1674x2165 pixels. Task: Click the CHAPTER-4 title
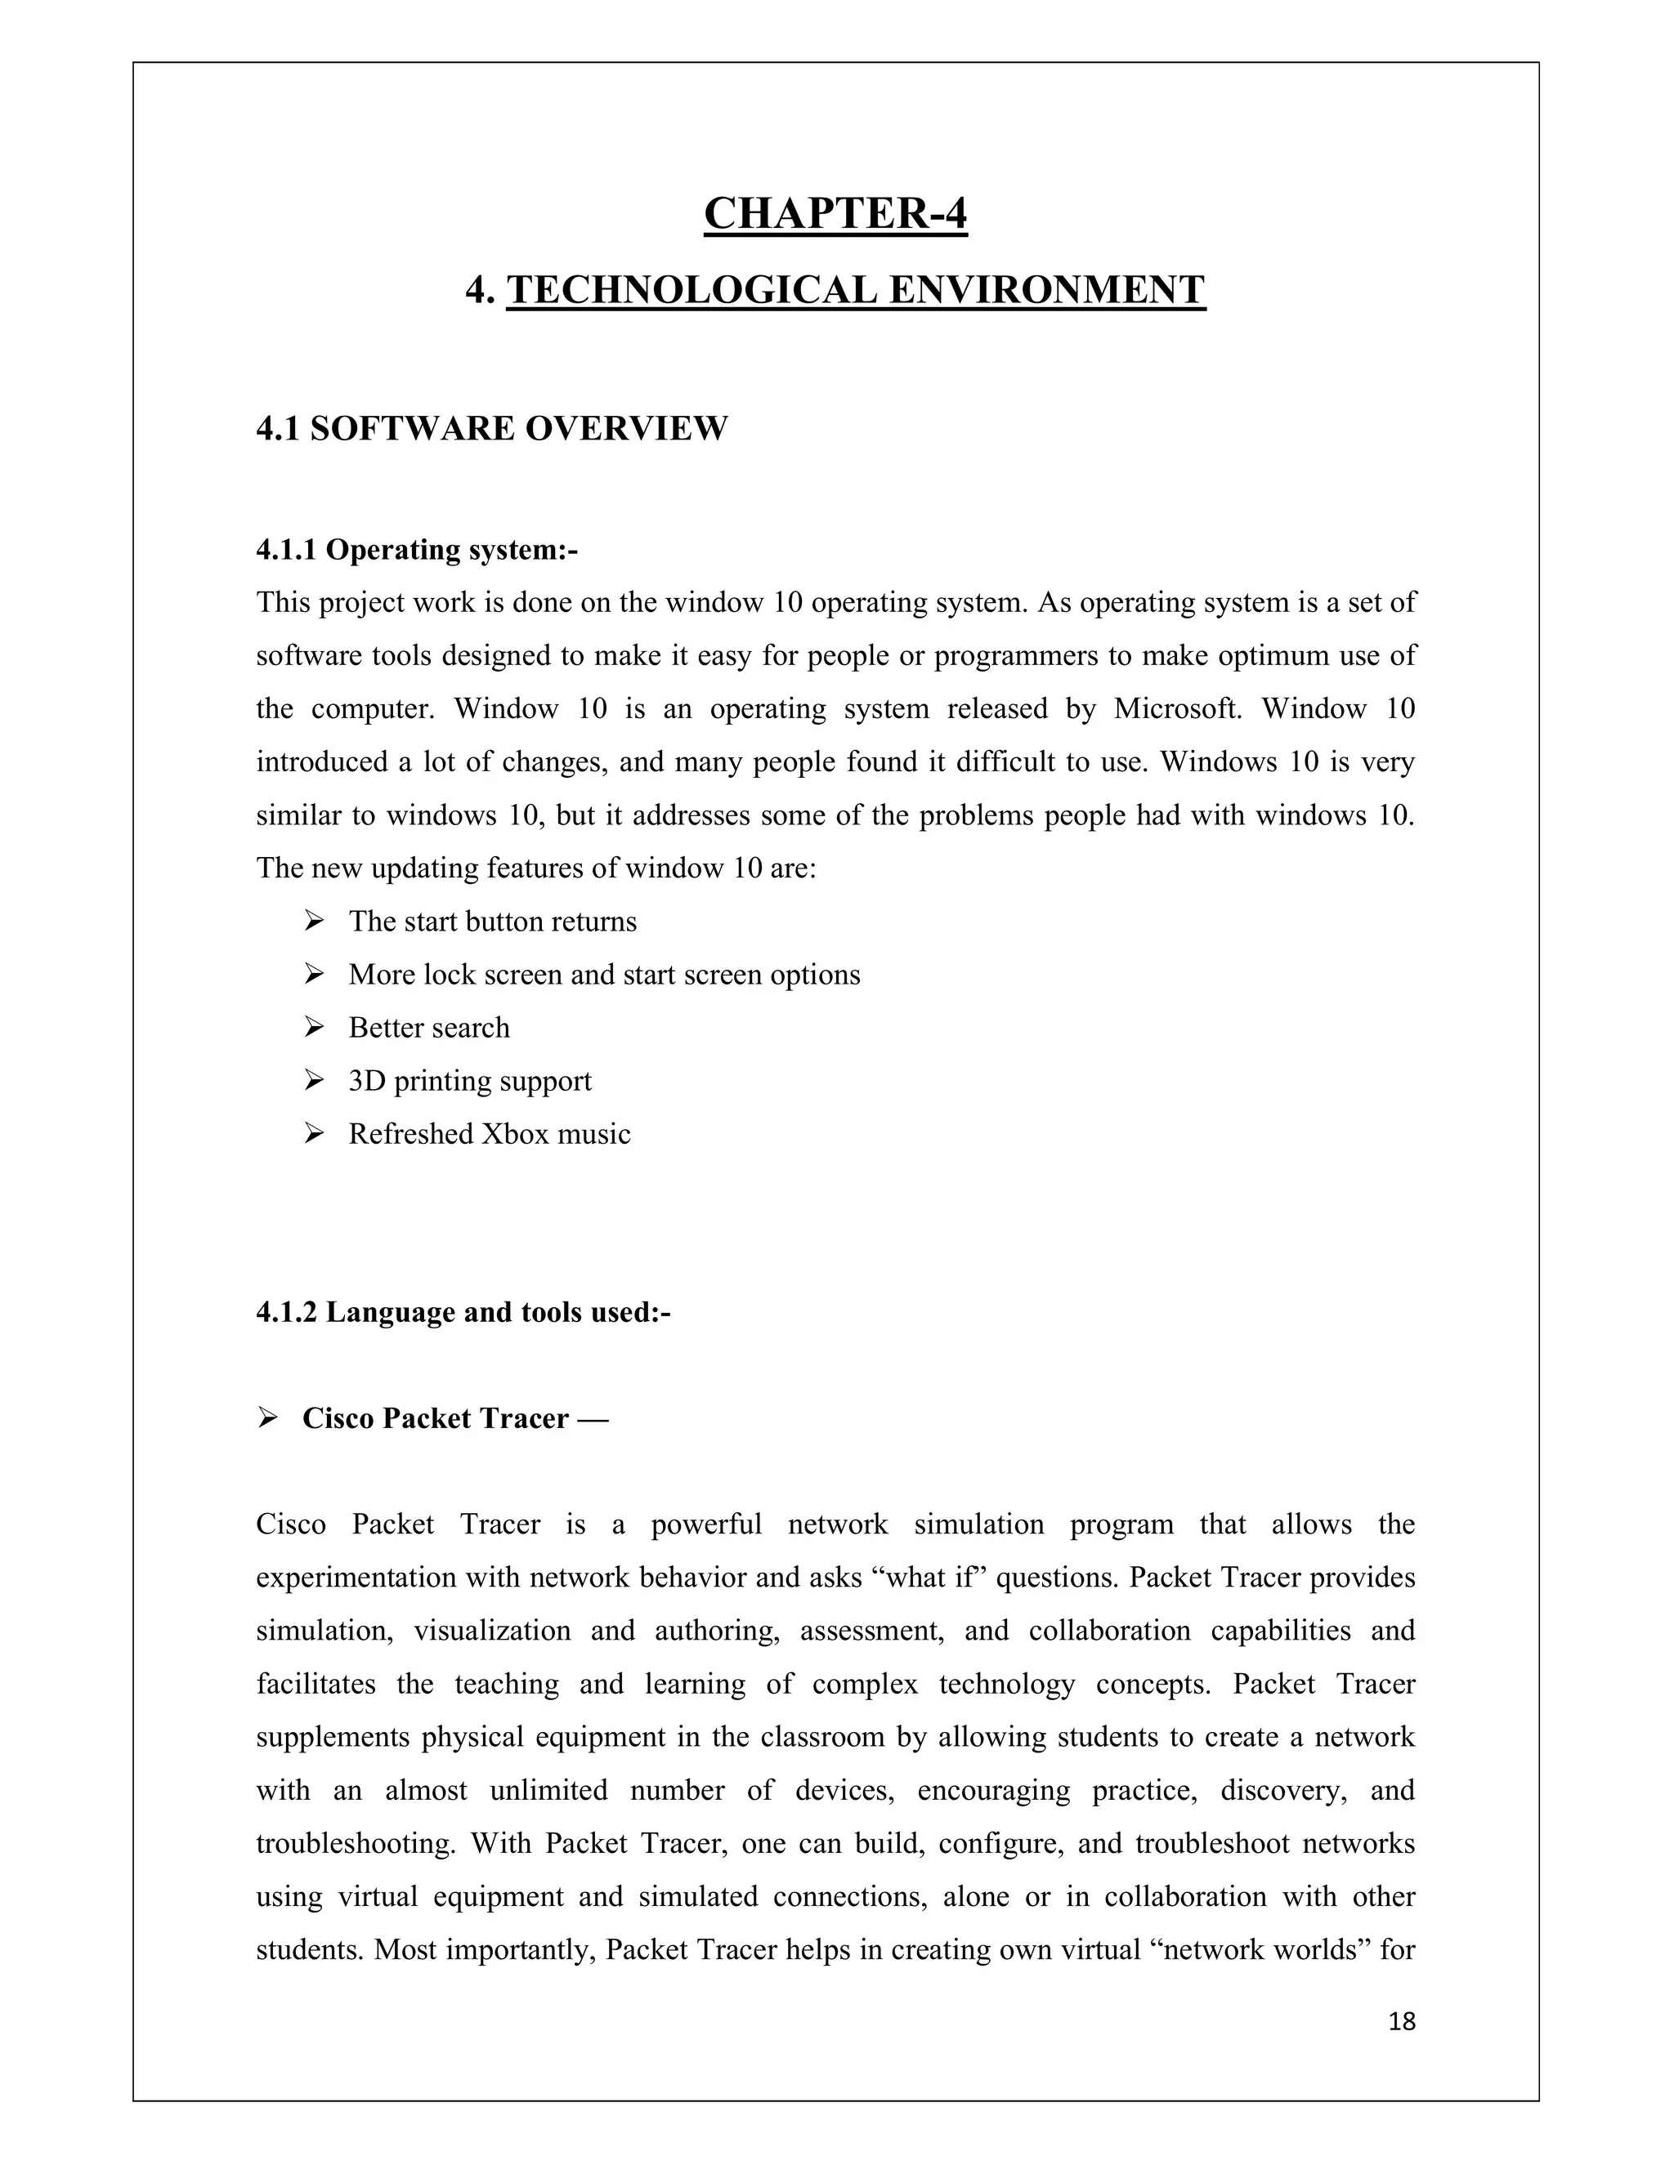(835, 213)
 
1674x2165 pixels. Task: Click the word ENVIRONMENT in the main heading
(1046, 291)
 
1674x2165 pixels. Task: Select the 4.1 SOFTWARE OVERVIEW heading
(492, 429)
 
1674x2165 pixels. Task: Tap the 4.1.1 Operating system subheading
(417, 549)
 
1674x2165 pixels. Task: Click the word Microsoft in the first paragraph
(1177, 709)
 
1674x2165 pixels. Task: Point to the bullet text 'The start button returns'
(492, 922)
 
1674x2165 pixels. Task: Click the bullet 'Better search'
(428, 1028)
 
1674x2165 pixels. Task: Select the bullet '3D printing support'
(469, 1081)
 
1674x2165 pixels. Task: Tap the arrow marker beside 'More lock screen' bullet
(315, 975)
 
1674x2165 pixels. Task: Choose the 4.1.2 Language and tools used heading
(463, 1313)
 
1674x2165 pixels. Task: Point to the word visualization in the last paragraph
(492, 1631)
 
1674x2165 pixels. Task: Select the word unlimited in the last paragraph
(549, 1790)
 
